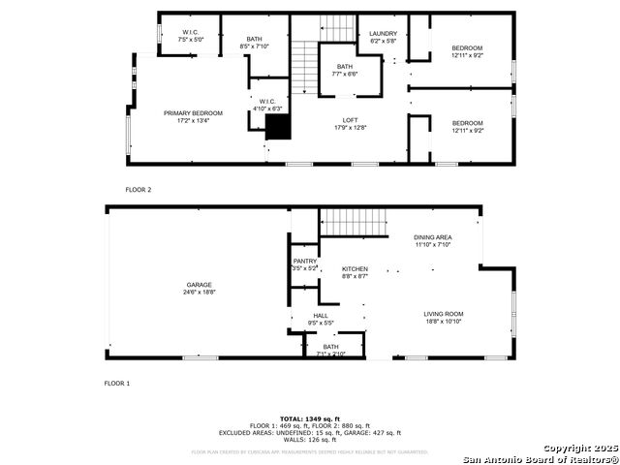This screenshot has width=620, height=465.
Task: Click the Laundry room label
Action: [384, 36]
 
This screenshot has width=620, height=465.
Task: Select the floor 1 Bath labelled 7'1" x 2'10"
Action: [331, 350]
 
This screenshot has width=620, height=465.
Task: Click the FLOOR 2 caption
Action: [139, 190]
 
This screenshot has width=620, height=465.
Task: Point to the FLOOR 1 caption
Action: [117, 384]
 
